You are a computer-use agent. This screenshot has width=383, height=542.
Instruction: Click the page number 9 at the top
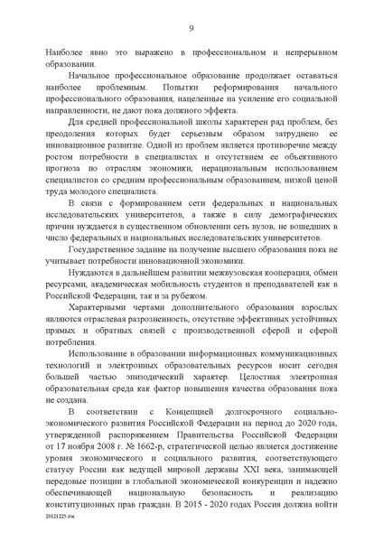pos(191,28)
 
